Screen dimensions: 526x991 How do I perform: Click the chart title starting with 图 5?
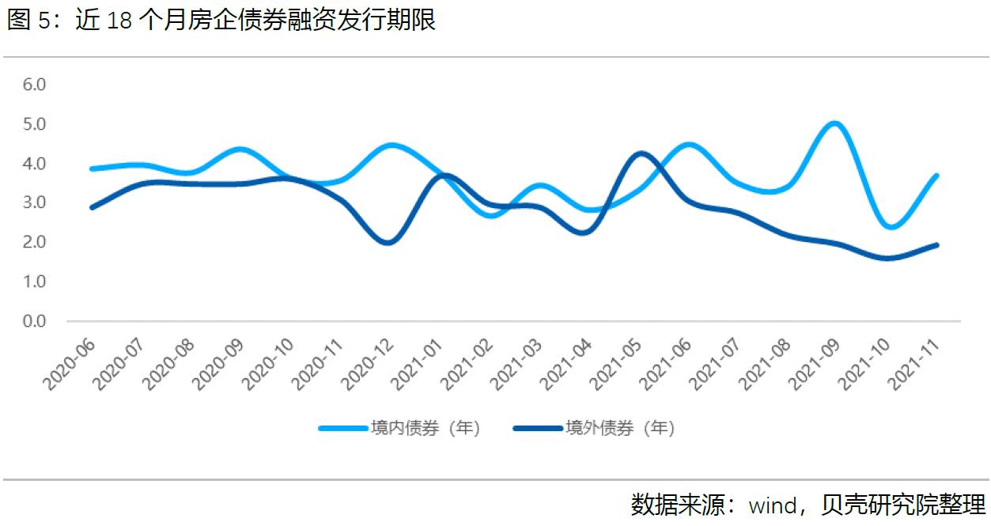tap(221, 21)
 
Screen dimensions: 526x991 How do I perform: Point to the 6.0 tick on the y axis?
tap(35, 85)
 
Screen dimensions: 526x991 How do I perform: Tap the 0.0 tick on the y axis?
tap(35, 321)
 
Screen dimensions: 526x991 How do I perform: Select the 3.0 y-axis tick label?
tap(35, 202)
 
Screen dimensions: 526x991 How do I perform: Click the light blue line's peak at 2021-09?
tap(834, 124)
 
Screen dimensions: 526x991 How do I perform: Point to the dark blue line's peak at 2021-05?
tap(641, 153)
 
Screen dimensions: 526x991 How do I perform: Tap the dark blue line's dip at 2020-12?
tap(388, 242)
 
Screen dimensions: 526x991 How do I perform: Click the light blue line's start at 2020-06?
tap(93, 168)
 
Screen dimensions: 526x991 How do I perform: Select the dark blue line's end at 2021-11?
tap(936, 245)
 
